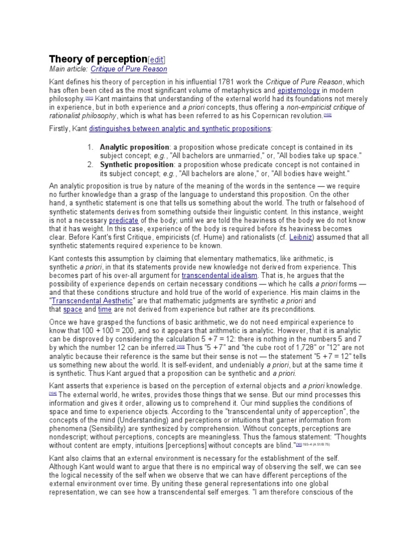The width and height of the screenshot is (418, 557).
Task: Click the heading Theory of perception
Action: [98, 59]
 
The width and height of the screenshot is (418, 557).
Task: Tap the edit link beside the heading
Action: [157, 60]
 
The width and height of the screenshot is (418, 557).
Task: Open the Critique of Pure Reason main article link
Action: [129, 69]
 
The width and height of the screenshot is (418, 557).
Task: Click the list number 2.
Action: [91, 165]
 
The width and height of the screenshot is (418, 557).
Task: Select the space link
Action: [72, 310]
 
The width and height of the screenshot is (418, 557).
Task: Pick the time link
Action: [104, 310]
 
